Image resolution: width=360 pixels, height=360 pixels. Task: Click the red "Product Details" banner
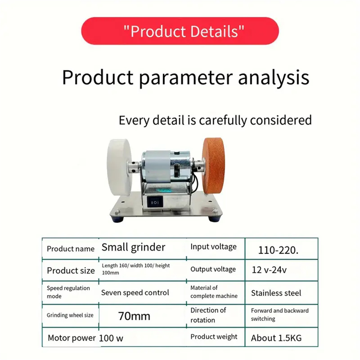pyautogui.click(x=180, y=31)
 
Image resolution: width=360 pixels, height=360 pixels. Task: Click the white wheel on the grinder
pyautogui.click(x=119, y=167)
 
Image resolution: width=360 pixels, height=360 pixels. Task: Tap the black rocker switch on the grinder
pyautogui.click(x=155, y=202)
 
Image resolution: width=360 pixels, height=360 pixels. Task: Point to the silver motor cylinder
pyautogui.click(x=166, y=166)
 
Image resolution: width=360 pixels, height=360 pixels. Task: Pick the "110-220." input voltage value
pyautogui.click(x=278, y=250)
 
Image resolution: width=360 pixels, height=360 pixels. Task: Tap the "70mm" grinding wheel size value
pyautogui.click(x=134, y=316)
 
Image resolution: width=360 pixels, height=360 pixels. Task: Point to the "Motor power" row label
pyautogui.click(x=72, y=338)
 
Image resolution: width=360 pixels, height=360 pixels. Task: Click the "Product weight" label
pyautogui.click(x=214, y=337)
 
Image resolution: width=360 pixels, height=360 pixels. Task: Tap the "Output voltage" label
pyautogui.click(x=213, y=269)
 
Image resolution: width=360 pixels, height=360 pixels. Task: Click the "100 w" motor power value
pyautogui.click(x=111, y=338)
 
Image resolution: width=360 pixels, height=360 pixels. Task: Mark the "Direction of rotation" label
pyautogui.click(x=208, y=315)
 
